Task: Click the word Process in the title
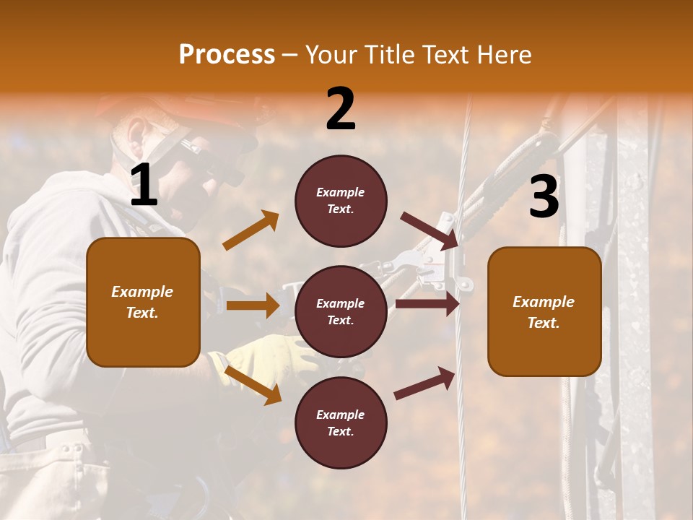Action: (227, 55)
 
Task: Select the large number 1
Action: (144, 186)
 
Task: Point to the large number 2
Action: (341, 109)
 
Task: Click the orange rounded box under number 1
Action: (143, 302)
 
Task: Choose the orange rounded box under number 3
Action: (544, 311)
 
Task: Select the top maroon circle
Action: (341, 201)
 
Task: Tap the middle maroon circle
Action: (341, 311)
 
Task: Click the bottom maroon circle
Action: (341, 422)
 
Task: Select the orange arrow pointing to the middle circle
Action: (253, 305)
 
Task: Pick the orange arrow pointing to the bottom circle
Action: (253, 385)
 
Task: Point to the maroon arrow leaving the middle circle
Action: (427, 304)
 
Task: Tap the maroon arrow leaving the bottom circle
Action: (424, 383)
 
